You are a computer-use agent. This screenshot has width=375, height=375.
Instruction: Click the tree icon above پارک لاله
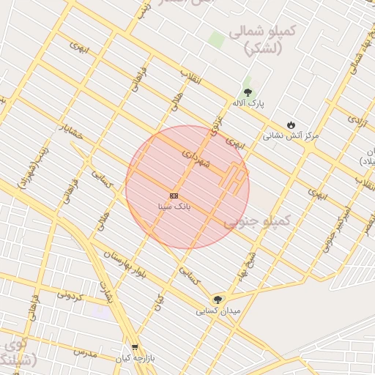[248, 93]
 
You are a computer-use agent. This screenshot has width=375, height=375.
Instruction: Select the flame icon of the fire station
[292, 125]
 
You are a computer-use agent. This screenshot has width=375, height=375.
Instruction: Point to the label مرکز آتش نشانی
[291, 135]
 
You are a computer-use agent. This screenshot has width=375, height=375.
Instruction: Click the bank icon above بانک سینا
[174, 196]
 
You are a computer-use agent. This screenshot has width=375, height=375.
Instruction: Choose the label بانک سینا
[174, 207]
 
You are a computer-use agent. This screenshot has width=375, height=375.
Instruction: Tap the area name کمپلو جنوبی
[258, 220]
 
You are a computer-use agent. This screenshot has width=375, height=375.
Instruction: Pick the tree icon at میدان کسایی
[217, 299]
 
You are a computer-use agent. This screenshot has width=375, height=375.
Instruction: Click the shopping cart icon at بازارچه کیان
[134, 347]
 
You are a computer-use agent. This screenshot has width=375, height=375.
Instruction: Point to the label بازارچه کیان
[133, 358]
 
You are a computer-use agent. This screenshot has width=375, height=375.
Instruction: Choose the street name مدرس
[84, 352]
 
